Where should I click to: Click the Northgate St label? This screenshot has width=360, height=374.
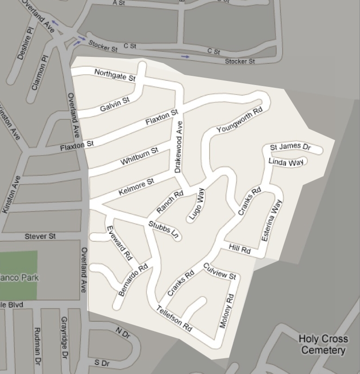click(x=114, y=75)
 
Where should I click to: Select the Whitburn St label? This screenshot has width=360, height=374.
click(x=139, y=156)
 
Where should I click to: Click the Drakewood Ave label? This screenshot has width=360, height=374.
click(x=178, y=147)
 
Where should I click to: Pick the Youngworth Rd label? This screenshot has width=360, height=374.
click(x=239, y=120)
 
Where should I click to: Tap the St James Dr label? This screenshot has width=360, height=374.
click(x=290, y=147)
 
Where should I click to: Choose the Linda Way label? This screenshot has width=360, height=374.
click(x=286, y=162)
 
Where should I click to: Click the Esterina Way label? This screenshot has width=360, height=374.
click(x=271, y=221)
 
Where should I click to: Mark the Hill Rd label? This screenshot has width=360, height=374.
click(x=240, y=249)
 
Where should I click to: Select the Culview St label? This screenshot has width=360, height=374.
click(x=220, y=271)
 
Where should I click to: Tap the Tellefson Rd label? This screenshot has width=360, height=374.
click(x=174, y=318)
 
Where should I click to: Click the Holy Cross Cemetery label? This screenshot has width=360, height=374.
click(x=323, y=344)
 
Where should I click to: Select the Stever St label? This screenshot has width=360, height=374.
click(x=40, y=236)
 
